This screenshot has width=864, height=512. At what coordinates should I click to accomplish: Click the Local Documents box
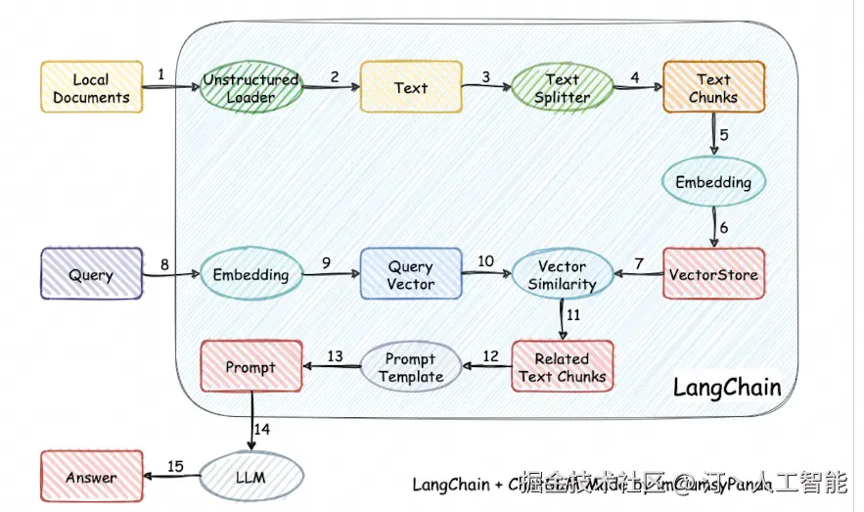pos(91,87)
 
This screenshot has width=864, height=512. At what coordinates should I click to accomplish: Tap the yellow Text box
pos(410,87)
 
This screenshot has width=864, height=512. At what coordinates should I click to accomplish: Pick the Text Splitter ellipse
pos(562,87)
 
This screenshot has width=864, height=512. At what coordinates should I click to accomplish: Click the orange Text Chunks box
pos(713,87)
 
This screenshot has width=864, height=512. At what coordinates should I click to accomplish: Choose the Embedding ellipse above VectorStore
pos(713,182)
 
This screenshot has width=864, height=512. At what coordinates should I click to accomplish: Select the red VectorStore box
pos(713,274)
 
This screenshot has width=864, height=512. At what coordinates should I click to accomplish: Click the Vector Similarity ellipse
pos(562,274)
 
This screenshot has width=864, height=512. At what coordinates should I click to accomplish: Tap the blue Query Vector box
pos(411,274)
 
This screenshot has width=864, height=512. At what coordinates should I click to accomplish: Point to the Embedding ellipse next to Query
pos(250,275)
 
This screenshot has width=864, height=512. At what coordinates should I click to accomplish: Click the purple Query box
pos(91,274)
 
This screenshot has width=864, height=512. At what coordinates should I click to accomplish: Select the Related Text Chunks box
pos(563,367)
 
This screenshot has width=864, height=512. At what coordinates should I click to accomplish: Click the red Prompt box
pos(250,367)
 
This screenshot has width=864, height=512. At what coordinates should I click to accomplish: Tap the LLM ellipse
pos(250,478)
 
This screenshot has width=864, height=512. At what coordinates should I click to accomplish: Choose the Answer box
pos(91,478)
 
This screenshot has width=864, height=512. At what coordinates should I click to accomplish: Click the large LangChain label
pos(727,387)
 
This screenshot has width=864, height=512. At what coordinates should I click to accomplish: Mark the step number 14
pos(262,429)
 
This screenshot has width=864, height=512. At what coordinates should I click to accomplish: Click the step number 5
pos(725,134)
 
